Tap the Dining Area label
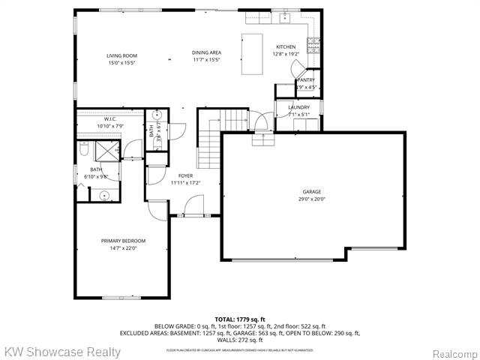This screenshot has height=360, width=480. (205, 55)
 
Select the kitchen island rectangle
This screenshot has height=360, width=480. (252, 54)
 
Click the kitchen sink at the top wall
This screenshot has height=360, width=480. (285, 19)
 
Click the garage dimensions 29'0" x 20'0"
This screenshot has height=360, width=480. (311, 199)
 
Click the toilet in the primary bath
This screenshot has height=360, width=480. (85, 152)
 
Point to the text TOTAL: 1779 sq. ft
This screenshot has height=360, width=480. (239, 319)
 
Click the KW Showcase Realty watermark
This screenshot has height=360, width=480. (62, 352)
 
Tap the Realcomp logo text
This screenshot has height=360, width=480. (454, 352)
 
